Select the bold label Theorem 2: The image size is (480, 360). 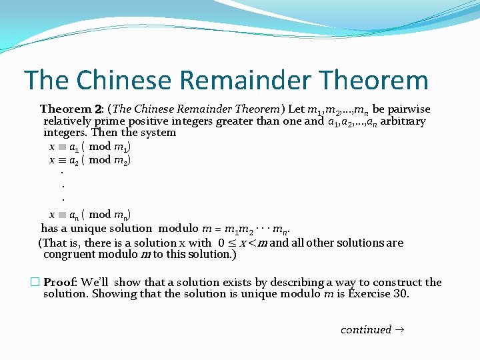click(71, 109)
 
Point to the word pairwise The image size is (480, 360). click(408, 109)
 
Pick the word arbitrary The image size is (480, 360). click(403, 121)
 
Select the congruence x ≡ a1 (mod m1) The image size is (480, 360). click(90, 147)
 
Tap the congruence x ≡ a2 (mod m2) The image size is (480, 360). click(90, 160)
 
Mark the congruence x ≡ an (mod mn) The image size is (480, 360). click(90, 215)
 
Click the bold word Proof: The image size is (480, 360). click(60, 283)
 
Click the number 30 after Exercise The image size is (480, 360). click(401, 294)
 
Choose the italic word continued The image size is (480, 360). click(366, 330)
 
